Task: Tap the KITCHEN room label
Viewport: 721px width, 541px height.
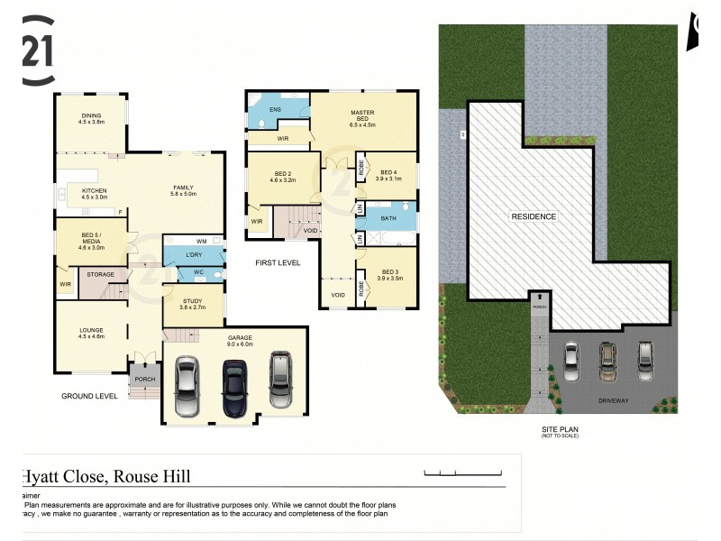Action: (x=95, y=193)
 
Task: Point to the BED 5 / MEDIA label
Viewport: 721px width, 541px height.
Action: (x=94, y=237)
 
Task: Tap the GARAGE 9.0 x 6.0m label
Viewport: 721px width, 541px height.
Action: (x=241, y=340)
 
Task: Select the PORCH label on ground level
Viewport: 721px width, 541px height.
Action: (x=145, y=379)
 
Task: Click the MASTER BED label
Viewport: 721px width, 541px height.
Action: (x=362, y=115)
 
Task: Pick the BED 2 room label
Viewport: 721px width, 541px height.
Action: (x=282, y=178)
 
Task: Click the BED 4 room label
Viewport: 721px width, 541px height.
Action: (x=389, y=175)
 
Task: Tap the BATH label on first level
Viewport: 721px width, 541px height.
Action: (x=388, y=217)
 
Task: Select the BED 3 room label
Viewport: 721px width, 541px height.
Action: (x=389, y=274)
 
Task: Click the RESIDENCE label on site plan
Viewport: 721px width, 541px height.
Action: (x=534, y=216)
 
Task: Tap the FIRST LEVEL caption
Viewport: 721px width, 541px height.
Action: (x=278, y=262)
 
